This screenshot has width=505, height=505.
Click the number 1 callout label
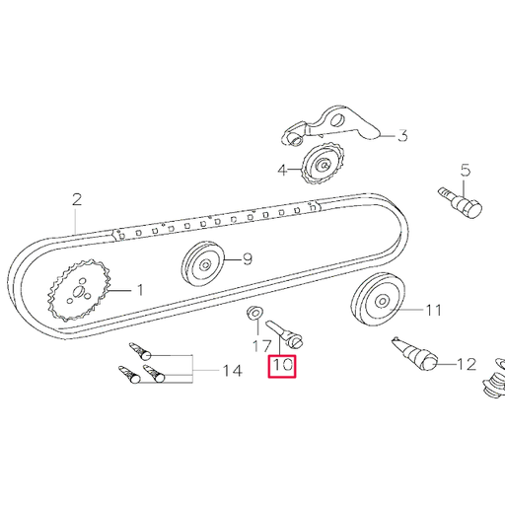coord(139,290)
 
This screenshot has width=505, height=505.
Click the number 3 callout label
coord(401,137)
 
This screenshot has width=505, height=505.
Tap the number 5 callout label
coord(466,169)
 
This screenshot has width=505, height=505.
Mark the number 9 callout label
coord(248,260)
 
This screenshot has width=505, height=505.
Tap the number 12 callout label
coord(466,364)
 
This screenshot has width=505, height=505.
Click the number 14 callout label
coord(231,372)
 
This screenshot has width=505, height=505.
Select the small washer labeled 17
coord(252,316)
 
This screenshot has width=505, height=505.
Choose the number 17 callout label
coord(259,347)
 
